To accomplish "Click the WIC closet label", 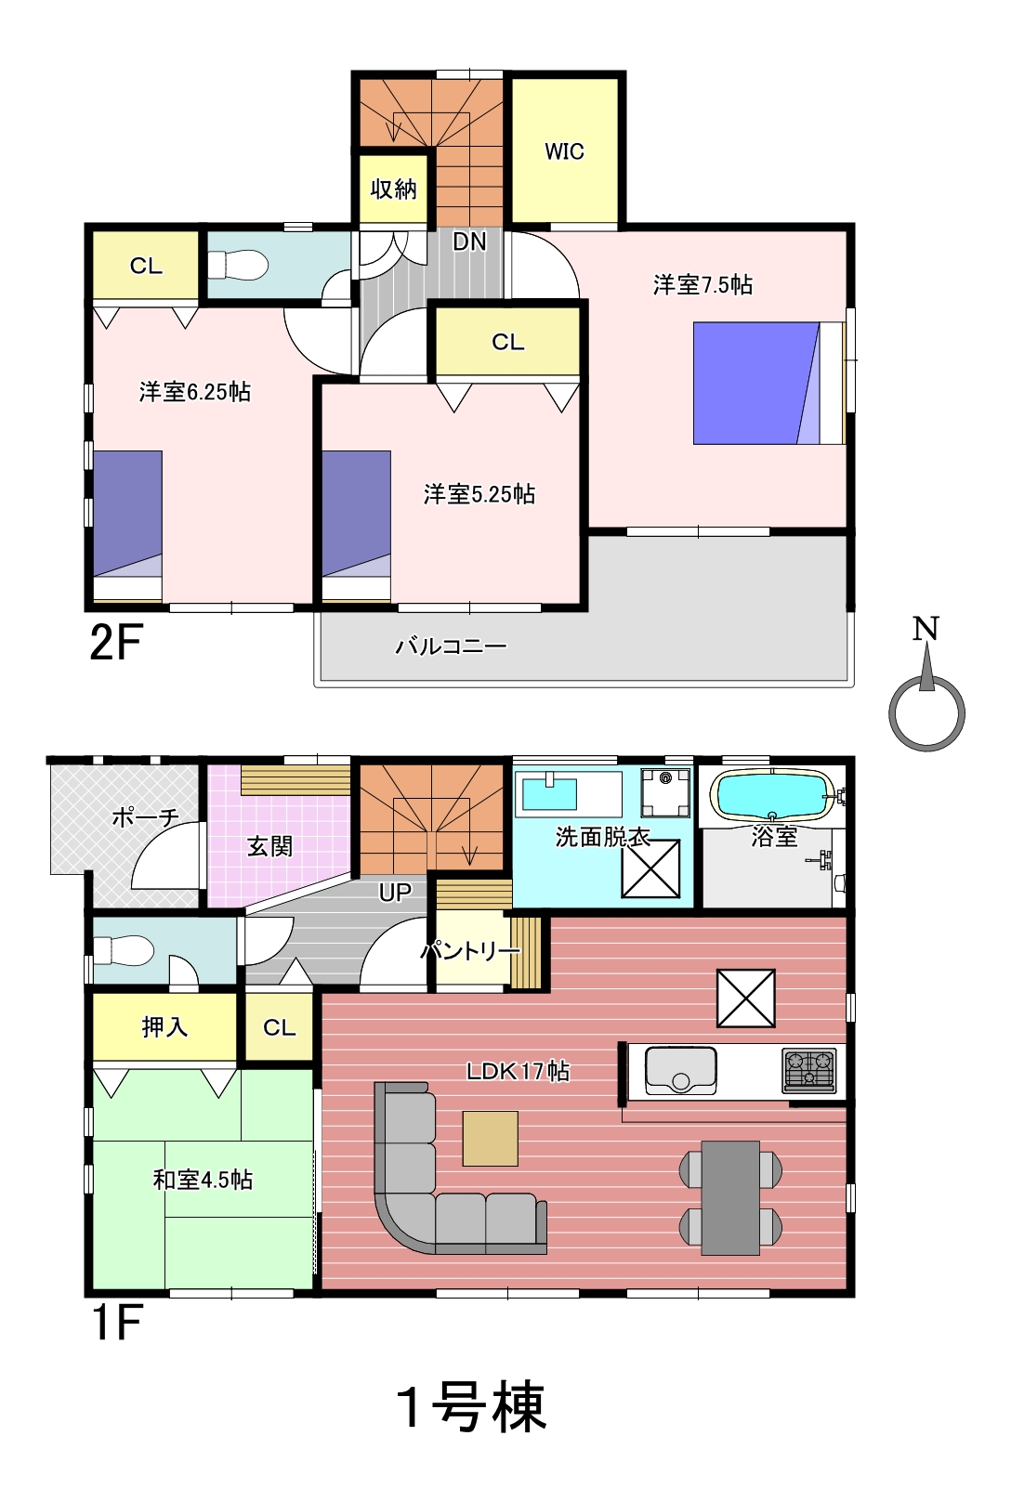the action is (x=564, y=151).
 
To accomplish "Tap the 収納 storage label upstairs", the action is (x=394, y=189).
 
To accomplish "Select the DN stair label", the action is (x=469, y=241).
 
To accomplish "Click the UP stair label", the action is (x=395, y=892).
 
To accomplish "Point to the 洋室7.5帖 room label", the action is (x=702, y=285).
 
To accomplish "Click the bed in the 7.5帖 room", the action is (x=769, y=384).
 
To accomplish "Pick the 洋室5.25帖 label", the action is (x=479, y=494).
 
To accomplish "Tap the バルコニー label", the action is (x=451, y=646).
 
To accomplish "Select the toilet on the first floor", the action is (x=124, y=950).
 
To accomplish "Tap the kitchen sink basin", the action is (x=680, y=1071).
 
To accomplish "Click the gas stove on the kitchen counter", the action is (x=809, y=1070).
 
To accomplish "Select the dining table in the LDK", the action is (x=730, y=1197).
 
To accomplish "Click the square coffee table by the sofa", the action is (x=490, y=1139).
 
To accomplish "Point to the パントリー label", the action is (x=470, y=951).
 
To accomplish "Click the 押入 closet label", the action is (x=164, y=1027).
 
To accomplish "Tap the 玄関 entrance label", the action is (x=269, y=846).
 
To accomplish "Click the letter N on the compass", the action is (x=926, y=629).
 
